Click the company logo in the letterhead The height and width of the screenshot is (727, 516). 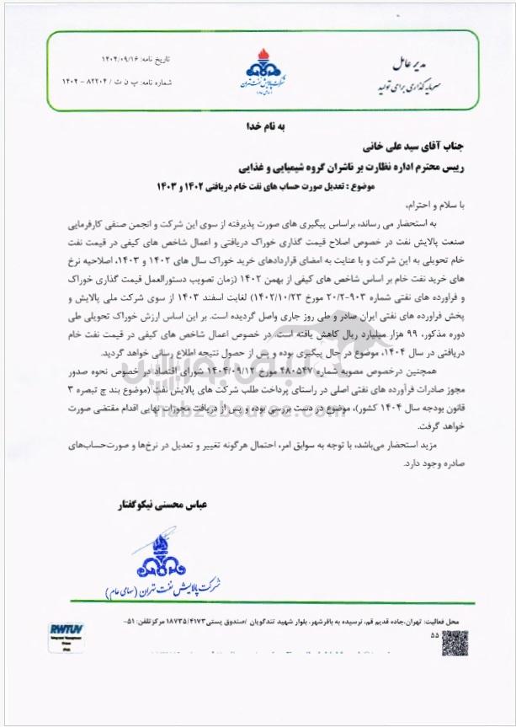258,70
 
